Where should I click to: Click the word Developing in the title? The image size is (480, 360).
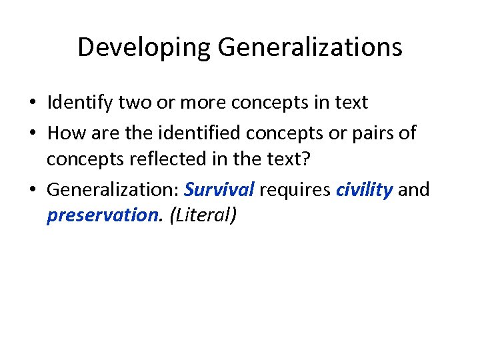(x=143, y=47)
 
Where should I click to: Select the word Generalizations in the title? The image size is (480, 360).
(x=309, y=47)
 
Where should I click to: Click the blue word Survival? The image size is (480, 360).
(x=219, y=189)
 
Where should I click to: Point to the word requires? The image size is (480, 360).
(x=295, y=189)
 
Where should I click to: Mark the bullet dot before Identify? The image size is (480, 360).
(x=33, y=104)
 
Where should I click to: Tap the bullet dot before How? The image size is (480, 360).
(x=33, y=134)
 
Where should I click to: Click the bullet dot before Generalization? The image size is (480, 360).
(x=33, y=191)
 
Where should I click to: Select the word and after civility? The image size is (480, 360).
(x=414, y=189)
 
